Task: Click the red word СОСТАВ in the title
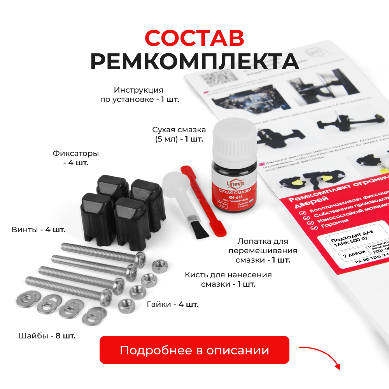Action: pos(194,38)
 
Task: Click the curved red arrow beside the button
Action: pos(321,356)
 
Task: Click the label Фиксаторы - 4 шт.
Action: pos(76,158)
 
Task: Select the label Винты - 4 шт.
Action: pos(39,230)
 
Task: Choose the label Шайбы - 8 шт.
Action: pos(47,335)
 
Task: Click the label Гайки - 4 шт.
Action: pos(173,304)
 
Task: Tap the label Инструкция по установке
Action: pos(139,95)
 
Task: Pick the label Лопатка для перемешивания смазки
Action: pos(263,251)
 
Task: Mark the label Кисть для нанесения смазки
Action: pos(228,279)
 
